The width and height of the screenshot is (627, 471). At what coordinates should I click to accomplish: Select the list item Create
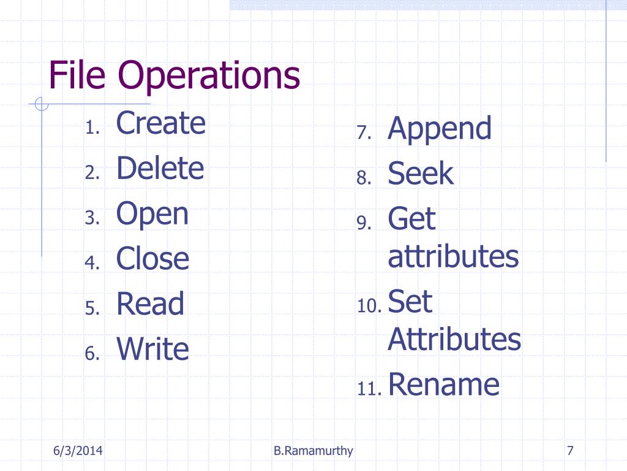pyautogui.click(x=161, y=123)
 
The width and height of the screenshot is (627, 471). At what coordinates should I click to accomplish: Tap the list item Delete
pyautogui.click(x=160, y=167)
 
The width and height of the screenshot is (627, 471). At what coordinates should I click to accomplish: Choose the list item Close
pyautogui.click(x=152, y=258)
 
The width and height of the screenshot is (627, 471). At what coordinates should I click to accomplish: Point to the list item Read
pyautogui.click(x=151, y=303)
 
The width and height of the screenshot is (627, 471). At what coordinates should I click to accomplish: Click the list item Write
pyautogui.click(x=152, y=348)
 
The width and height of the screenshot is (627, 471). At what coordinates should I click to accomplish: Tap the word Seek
pyautogui.click(x=421, y=173)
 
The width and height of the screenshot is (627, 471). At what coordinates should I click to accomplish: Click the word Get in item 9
pyautogui.click(x=411, y=218)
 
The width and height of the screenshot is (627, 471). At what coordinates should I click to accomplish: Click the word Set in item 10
pyautogui.click(x=410, y=301)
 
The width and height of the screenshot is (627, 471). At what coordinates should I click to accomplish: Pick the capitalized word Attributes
pyautogui.click(x=454, y=339)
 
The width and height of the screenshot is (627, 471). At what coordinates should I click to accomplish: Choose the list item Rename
pyautogui.click(x=444, y=384)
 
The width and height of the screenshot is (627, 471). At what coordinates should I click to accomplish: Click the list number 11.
pyautogui.click(x=369, y=388)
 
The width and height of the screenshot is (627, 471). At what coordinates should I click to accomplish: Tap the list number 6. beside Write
pyautogui.click(x=92, y=353)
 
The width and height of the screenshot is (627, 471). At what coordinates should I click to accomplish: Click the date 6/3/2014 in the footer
pyautogui.click(x=78, y=451)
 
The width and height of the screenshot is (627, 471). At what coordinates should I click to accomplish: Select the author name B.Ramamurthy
pyautogui.click(x=313, y=451)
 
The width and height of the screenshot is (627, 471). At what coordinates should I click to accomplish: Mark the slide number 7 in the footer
pyautogui.click(x=570, y=451)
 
